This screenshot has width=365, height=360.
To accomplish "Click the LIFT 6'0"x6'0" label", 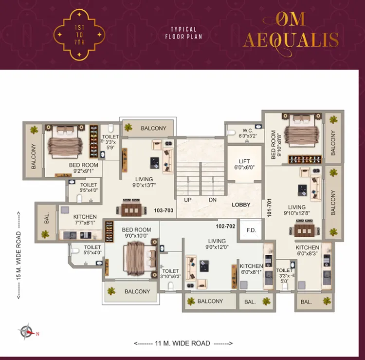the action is click(244, 164).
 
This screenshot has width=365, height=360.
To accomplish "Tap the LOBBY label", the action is click(241, 205).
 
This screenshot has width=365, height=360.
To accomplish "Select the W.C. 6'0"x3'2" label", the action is click(247, 133).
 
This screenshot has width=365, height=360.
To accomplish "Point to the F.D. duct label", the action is click(251, 230).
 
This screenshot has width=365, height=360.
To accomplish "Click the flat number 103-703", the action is click(164, 210).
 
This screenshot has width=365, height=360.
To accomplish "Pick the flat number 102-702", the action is click(225, 226).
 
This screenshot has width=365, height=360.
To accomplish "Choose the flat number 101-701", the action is click(269, 208).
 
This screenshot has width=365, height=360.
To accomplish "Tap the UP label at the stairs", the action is click(188, 200).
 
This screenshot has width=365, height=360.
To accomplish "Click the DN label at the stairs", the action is click(213, 200).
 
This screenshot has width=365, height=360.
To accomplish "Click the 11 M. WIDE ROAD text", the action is click(182, 343).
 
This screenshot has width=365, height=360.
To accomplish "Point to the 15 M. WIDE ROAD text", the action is click(18, 255).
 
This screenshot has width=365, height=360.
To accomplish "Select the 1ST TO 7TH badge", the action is click(79, 35).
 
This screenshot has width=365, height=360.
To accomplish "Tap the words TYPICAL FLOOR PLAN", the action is click(183, 33).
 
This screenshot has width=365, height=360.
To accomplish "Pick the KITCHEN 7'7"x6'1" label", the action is click(85, 220).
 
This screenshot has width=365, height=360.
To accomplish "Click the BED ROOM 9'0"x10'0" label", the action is click(136, 232).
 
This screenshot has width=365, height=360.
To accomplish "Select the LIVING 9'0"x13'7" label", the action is click(144, 182).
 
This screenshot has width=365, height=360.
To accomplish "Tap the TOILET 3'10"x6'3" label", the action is click(170, 274).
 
